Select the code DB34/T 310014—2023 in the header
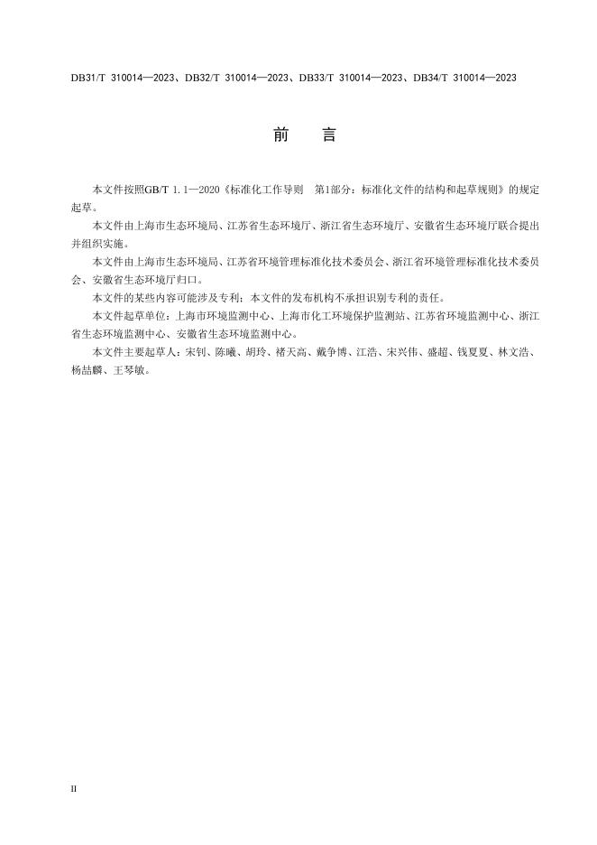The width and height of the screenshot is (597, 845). point(464,79)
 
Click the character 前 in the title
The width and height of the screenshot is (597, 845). point(279,135)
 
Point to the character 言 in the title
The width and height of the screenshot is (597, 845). point(328,135)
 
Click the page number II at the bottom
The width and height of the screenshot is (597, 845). point(74,788)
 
